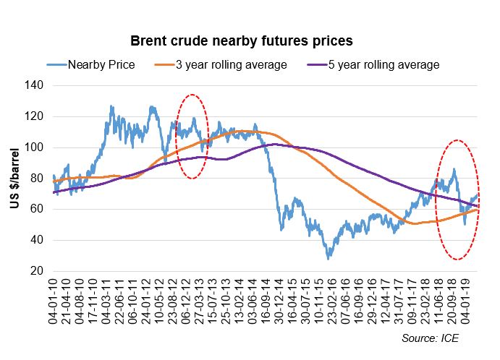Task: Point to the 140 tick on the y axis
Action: click(x=35, y=85)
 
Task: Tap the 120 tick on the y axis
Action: click(x=35, y=116)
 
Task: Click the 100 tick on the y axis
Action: click(x=35, y=147)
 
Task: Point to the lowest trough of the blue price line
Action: click(x=329, y=258)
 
